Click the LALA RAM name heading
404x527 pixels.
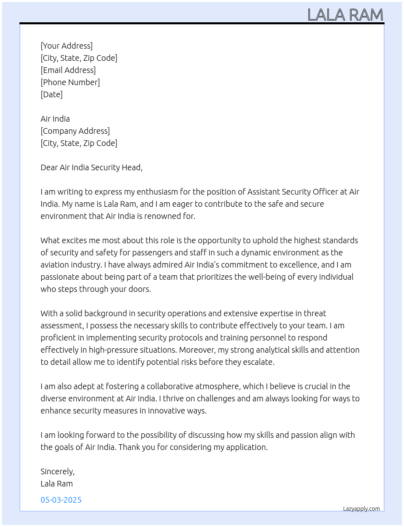point(345,15)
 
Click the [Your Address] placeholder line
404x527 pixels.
point(67,46)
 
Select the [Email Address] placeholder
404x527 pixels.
point(68,70)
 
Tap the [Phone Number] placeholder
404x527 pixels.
point(70,82)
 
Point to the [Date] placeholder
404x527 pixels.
point(52,94)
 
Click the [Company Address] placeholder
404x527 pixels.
point(75,131)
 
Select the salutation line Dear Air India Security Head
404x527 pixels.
point(91,167)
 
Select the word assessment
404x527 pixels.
point(61,326)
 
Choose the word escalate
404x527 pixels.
point(258,362)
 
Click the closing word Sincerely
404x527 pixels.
point(57,471)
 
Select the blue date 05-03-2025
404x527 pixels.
point(61,500)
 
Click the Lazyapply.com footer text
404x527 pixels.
point(361,509)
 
